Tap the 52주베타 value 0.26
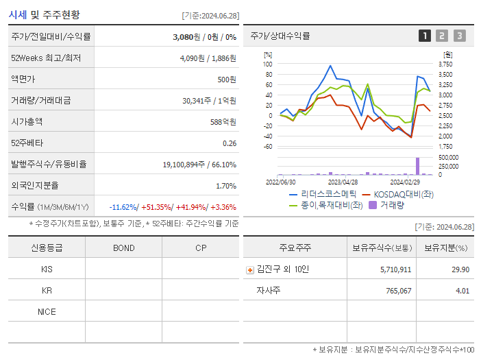tap(230, 143)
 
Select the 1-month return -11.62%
tap(123, 207)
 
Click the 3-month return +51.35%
tap(157, 207)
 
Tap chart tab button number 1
tap(425, 36)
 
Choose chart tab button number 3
tap(459, 36)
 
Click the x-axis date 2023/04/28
tap(343, 182)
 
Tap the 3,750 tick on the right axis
tap(444, 64)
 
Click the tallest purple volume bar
tap(417, 166)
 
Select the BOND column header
tap(123, 248)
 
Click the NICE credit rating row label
tap(47, 311)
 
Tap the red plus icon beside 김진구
tap(250, 269)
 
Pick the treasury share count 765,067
tap(396, 291)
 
